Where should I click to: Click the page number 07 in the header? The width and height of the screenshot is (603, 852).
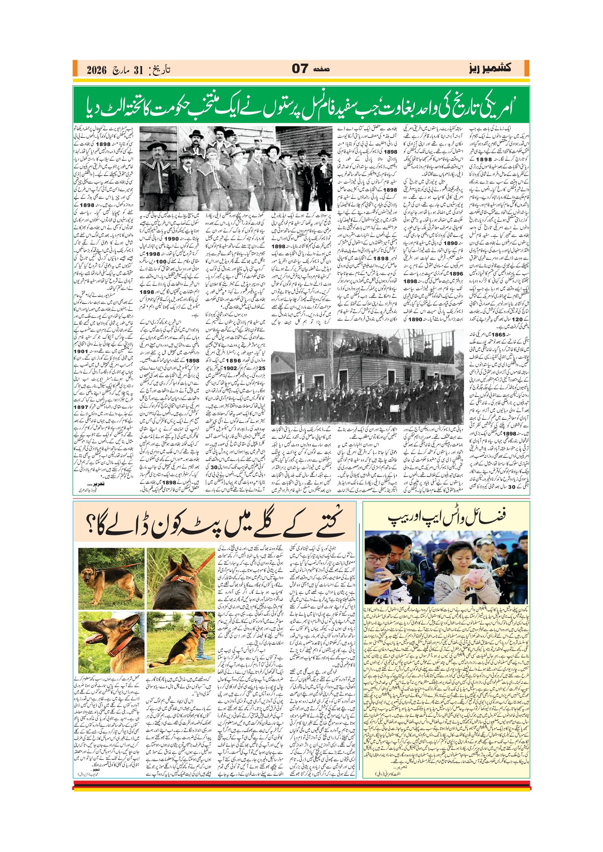[300, 69]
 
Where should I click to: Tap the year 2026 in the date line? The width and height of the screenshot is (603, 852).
[96, 70]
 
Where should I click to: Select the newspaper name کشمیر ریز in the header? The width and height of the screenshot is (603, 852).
[490, 68]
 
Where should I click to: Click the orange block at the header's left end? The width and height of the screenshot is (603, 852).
[76, 69]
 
